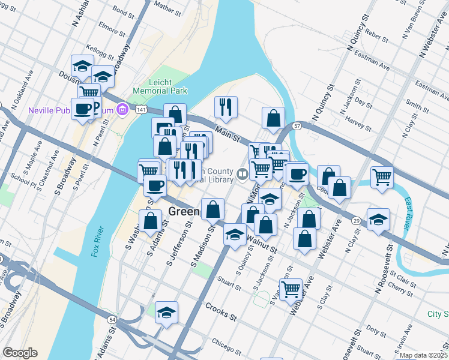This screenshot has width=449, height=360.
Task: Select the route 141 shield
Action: (140, 110)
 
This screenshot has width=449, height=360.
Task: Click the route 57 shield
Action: (297, 126)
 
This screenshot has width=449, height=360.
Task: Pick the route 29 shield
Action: (356, 221)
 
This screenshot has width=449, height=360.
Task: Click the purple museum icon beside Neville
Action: (122, 109)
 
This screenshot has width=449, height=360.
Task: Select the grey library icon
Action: (243, 175)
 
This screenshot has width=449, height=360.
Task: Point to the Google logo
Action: (20, 353)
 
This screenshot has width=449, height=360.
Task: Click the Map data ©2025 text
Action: (424, 355)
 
